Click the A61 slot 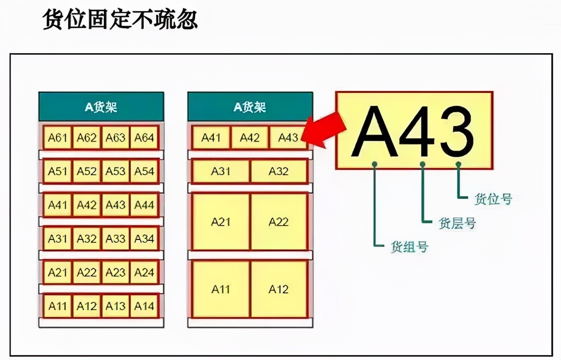tap(58, 137)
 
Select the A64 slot tap(144, 137)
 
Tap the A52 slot tap(87, 171)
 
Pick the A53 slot tap(116, 171)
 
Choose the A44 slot tap(144, 205)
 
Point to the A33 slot tap(116, 239)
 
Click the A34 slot tap(144, 239)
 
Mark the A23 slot tap(116, 272)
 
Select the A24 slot tap(144, 272)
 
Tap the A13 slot tap(116, 306)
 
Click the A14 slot tap(144, 306)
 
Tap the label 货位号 tap(493, 199)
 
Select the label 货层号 tap(457, 223)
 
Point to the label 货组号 tap(409, 247)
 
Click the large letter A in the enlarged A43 tap(375, 132)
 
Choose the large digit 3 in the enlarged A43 tap(458, 132)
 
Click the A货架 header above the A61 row tap(101, 106)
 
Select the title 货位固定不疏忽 tap(120, 19)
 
